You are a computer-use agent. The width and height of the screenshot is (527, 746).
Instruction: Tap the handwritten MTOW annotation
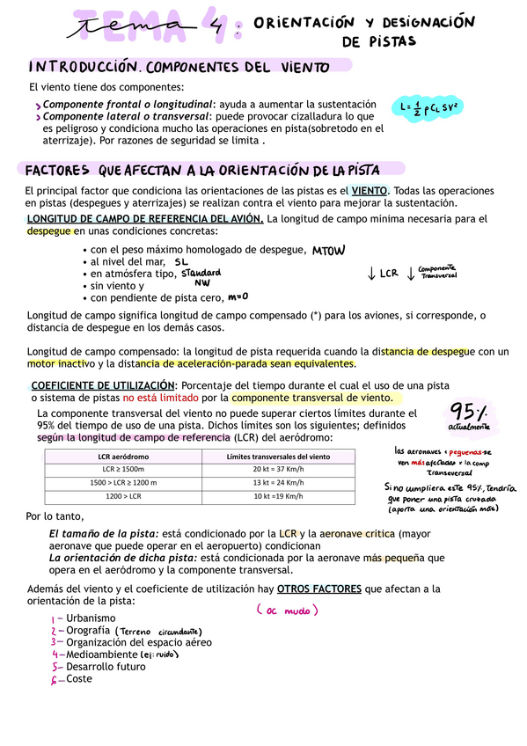(x=329, y=250)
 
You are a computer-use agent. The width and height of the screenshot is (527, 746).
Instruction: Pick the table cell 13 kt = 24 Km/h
(x=278, y=482)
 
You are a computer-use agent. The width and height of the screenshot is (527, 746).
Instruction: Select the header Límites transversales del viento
(x=278, y=456)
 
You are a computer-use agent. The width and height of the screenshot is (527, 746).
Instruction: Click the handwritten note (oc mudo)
(x=287, y=610)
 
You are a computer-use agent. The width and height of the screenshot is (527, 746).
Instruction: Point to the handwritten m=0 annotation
(x=238, y=296)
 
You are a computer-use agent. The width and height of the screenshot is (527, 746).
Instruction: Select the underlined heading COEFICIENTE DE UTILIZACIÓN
(x=103, y=384)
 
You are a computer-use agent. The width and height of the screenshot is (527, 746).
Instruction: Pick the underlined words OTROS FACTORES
(x=318, y=589)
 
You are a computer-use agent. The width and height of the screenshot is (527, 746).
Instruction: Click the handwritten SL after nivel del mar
(x=181, y=262)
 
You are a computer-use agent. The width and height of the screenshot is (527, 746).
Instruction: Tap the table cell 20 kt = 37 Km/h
(x=278, y=470)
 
